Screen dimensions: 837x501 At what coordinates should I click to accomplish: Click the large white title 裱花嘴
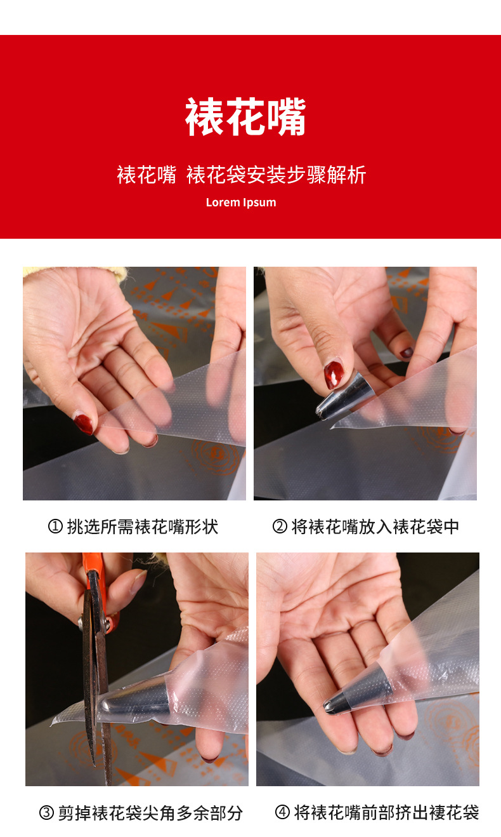(x=245, y=117)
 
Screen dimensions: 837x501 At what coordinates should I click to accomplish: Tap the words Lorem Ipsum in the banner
(x=241, y=203)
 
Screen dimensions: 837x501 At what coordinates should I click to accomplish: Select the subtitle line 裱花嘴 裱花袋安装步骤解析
(x=241, y=175)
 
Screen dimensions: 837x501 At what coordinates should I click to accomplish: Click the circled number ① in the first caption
(x=55, y=526)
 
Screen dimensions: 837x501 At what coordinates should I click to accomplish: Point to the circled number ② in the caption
(x=280, y=526)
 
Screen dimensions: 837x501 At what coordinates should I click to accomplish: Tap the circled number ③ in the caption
(x=46, y=813)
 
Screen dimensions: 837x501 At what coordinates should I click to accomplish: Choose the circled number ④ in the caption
(x=282, y=812)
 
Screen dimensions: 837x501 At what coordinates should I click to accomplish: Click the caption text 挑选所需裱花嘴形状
(x=143, y=526)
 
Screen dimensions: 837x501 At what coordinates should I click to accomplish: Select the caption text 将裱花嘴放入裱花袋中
(x=375, y=526)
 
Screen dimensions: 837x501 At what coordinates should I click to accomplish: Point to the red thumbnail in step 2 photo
(x=334, y=375)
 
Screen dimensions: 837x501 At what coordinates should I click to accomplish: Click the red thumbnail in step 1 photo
(x=84, y=423)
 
